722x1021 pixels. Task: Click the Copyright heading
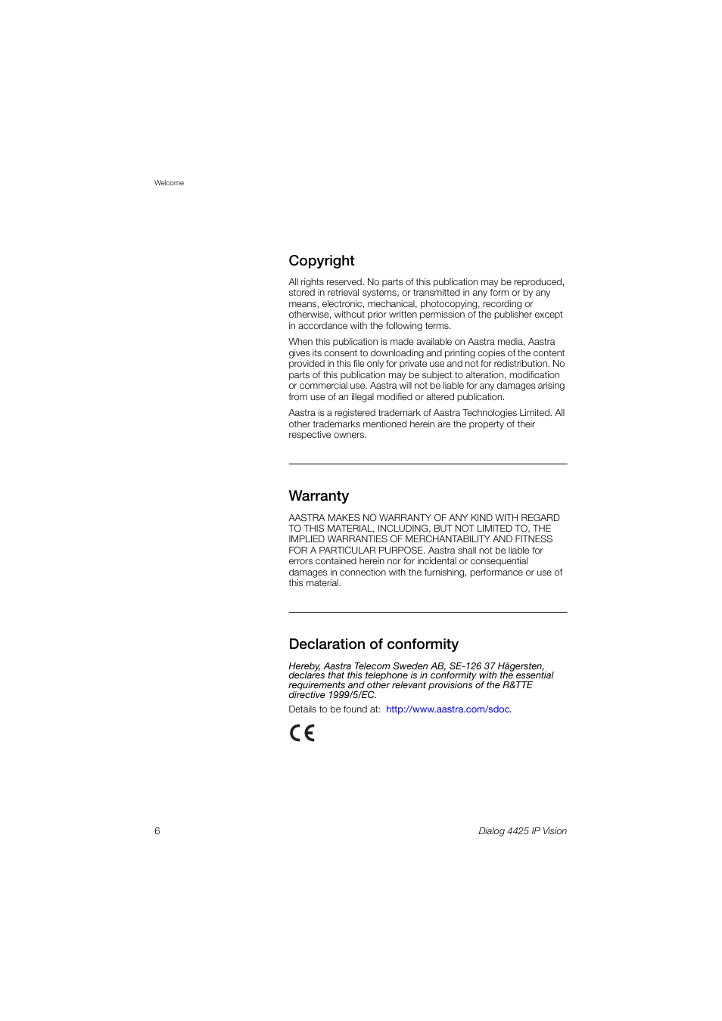coord(321,261)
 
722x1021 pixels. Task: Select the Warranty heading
coord(319,496)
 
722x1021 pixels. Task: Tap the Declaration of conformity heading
coord(373,644)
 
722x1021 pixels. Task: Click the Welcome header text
coord(169,183)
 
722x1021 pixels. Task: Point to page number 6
coord(157,831)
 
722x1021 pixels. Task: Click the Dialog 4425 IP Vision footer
coord(522,831)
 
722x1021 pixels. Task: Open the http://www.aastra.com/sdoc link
coord(448,709)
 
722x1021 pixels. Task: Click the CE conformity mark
coord(302,733)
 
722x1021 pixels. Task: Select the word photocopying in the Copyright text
coord(449,304)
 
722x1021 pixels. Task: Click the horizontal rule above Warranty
coord(428,464)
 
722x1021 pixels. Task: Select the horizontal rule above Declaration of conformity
coord(428,613)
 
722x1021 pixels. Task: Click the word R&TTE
coord(518,685)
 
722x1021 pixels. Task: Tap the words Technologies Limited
coord(507,413)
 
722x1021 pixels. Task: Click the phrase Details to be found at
coord(334,709)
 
